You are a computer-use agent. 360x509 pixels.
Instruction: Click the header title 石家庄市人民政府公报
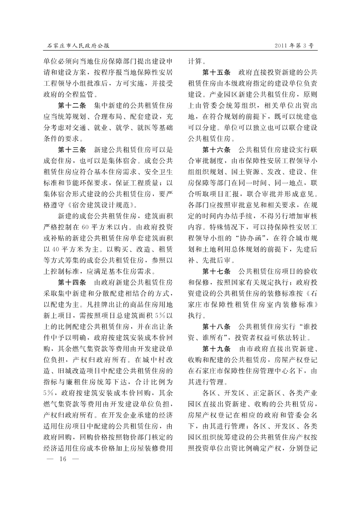(x=78, y=45)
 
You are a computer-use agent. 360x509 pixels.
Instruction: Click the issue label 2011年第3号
(x=294, y=45)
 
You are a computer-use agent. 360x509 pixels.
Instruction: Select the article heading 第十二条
(x=72, y=106)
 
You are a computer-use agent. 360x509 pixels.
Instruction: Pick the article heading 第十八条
(x=217, y=326)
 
